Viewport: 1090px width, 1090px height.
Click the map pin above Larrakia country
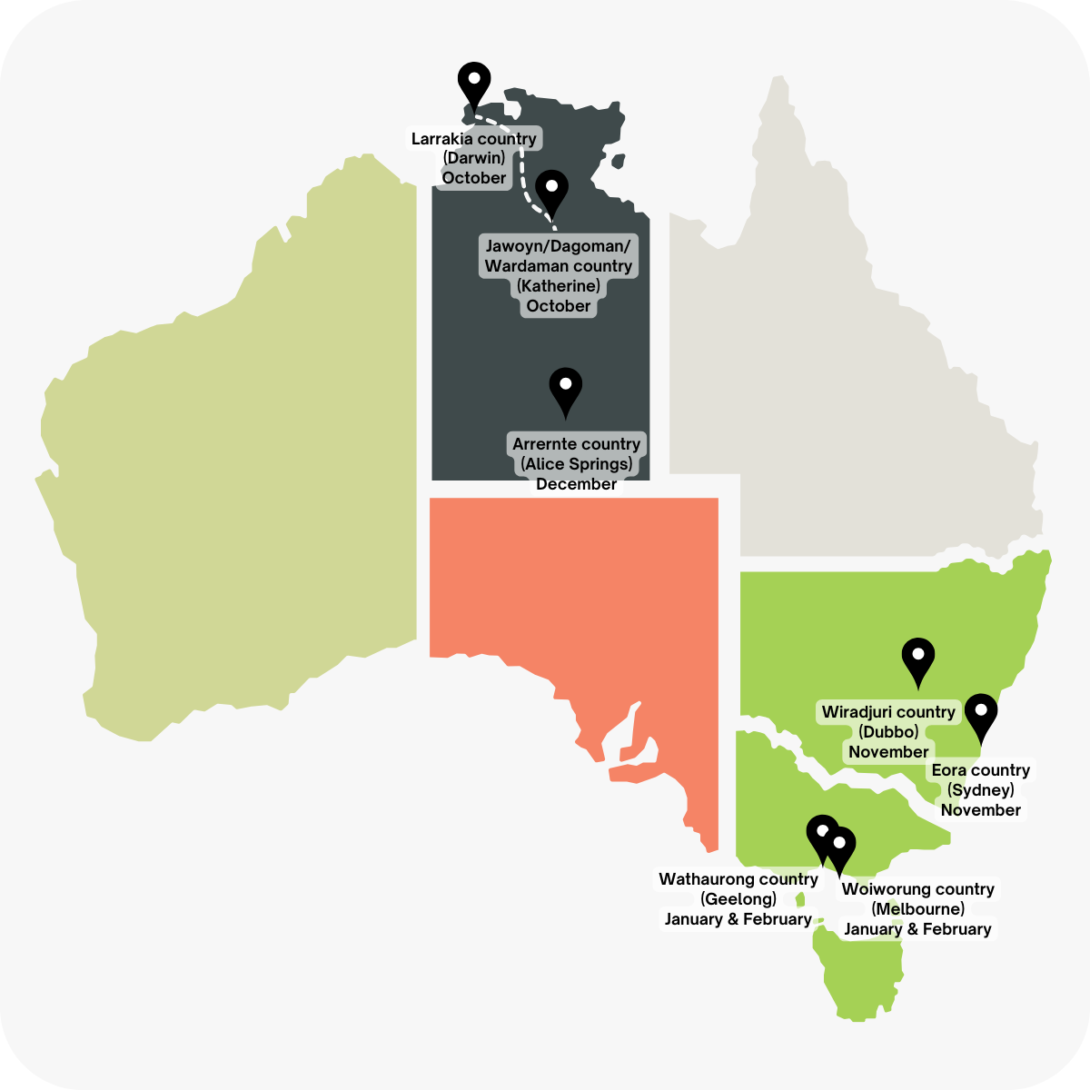(474, 84)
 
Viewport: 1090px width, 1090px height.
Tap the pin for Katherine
(551, 191)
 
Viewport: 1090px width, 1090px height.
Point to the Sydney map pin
(981, 716)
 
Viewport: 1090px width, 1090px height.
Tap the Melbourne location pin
(840, 848)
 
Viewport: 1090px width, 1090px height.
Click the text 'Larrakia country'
(474, 139)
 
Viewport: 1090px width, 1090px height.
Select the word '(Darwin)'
(474, 158)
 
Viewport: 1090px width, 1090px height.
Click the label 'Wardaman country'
(559, 266)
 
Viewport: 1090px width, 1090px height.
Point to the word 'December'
(577, 484)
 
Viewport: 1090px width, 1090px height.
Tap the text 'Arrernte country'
(577, 444)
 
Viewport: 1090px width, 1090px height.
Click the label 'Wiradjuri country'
(888, 712)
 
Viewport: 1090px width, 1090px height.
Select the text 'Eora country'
(981, 770)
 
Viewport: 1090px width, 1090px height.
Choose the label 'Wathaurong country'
(738, 879)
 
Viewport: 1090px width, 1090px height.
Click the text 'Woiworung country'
(917, 889)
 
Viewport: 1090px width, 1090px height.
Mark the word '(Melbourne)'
(917, 909)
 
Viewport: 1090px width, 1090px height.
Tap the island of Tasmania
(858, 967)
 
